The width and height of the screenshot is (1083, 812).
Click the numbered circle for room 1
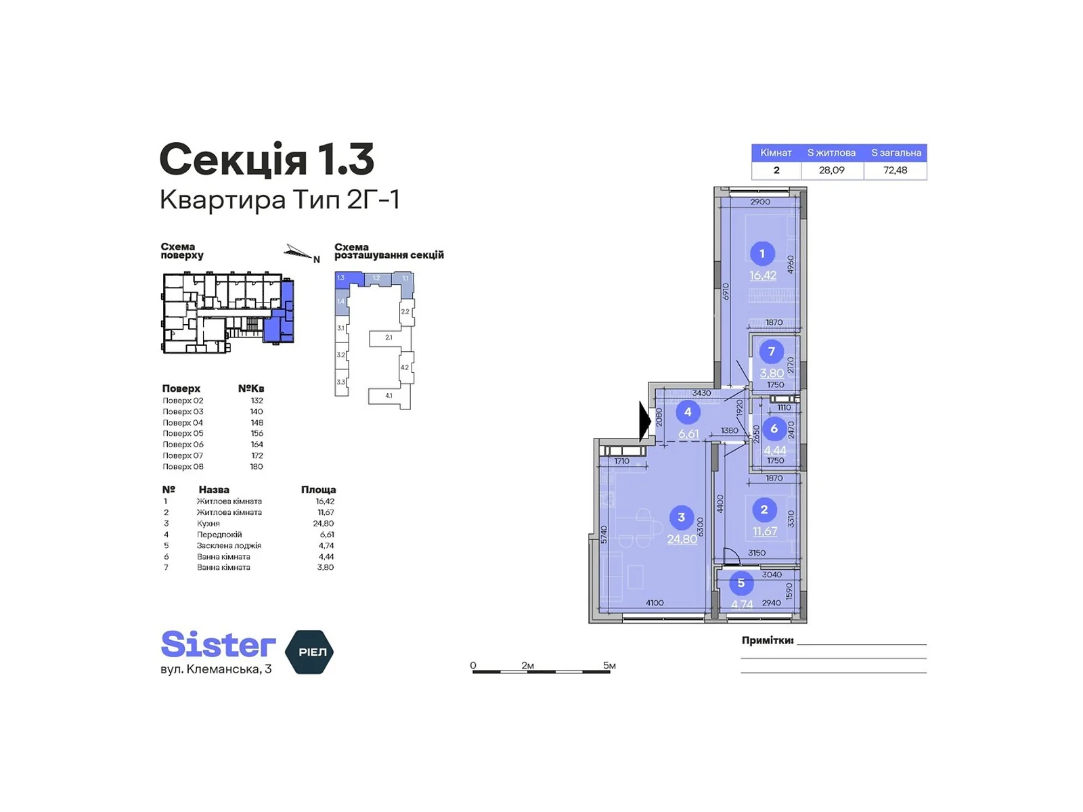point(761,254)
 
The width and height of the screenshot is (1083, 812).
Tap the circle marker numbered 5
point(741,583)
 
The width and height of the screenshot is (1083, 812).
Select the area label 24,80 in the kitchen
point(682,539)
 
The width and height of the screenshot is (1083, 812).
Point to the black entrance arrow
point(644,422)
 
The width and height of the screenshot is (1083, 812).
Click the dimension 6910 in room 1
point(725,292)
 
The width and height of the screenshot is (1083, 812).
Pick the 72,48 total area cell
point(895,171)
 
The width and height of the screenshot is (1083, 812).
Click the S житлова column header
point(831,153)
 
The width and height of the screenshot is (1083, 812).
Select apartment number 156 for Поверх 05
point(257,434)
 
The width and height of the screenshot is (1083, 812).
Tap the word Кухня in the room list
point(208,524)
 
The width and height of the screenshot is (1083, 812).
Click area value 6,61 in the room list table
point(326,535)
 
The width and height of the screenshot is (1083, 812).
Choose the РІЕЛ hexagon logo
point(311,652)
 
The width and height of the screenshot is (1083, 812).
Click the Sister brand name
point(218,645)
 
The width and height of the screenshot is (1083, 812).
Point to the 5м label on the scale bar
point(609,666)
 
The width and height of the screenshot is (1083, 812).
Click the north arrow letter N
point(316,259)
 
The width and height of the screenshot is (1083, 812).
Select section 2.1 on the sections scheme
point(389,338)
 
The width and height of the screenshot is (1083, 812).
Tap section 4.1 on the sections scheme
point(389,396)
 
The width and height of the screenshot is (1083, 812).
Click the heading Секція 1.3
point(267,160)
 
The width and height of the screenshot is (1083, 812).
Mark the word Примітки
point(767,640)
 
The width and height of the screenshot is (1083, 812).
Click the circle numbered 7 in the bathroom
point(771,352)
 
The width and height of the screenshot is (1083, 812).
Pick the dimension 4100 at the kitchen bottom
point(655,603)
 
